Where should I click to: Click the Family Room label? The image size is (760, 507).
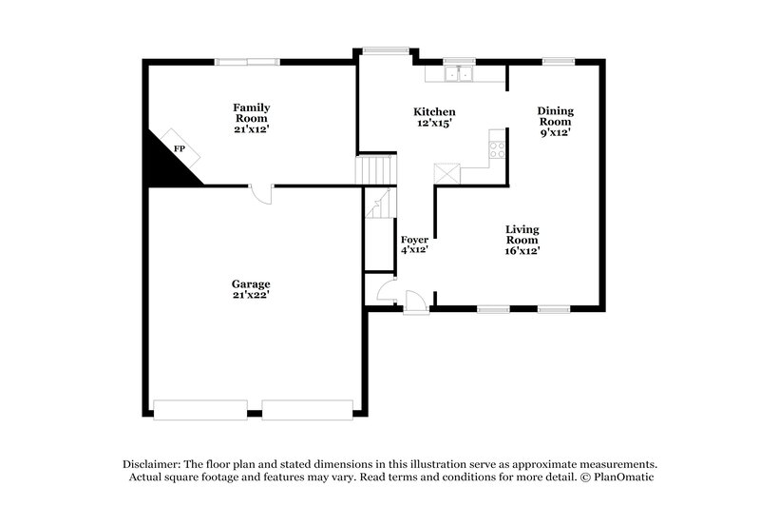point(252,112)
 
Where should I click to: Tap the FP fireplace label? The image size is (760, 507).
point(179,149)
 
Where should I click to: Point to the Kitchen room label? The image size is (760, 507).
point(433,111)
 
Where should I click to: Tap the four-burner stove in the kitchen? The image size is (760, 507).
point(497,147)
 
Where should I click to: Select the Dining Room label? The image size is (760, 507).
point(556,116)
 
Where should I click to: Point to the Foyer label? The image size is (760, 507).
point(414,239)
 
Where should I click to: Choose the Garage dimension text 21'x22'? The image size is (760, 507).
point(252,296)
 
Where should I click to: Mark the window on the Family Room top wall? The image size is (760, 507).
point(247,62)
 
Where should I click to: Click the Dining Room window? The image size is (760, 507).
point(559,62)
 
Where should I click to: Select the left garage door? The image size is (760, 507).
point(200,410)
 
